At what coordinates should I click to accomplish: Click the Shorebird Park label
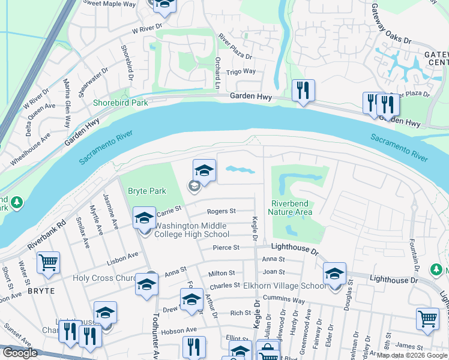[x=121, y=103]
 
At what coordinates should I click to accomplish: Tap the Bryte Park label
[x=147, y=191]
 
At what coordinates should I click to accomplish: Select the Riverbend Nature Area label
[x=291, y=208]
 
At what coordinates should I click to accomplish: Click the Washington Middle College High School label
[x=192, y=230]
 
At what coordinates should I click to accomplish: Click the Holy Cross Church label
[x=106, y=278]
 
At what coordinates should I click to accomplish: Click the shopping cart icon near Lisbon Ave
[x=48, y=262]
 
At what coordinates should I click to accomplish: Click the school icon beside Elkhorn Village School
[x=334, y=273]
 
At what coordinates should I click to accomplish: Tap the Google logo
[x=19, y=353]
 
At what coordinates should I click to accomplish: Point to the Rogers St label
[x=221, y=211]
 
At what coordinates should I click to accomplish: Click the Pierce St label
[x=226, y=247]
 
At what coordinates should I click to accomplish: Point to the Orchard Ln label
[x=217, y=74]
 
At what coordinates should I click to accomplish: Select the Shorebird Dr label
[x=127, y=63]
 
